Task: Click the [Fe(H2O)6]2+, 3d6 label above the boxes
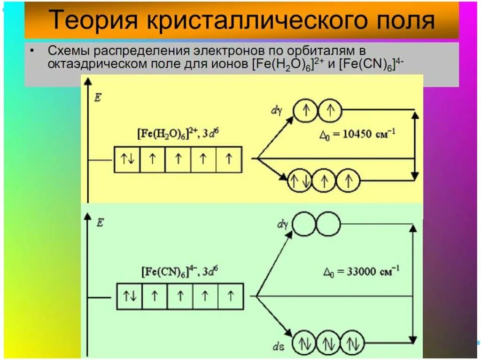[x=178, y=134]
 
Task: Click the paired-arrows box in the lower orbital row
[x=129, y=296]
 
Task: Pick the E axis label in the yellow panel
[x=98, y=98]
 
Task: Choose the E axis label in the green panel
[x=100, y=222]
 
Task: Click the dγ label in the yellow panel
[x=276, y=111]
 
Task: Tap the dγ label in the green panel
[x=282, y=224]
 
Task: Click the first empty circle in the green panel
[x=305, y=223]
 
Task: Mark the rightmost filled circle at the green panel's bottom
[x=352, y=342]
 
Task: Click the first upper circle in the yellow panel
[x=306, y=110]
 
